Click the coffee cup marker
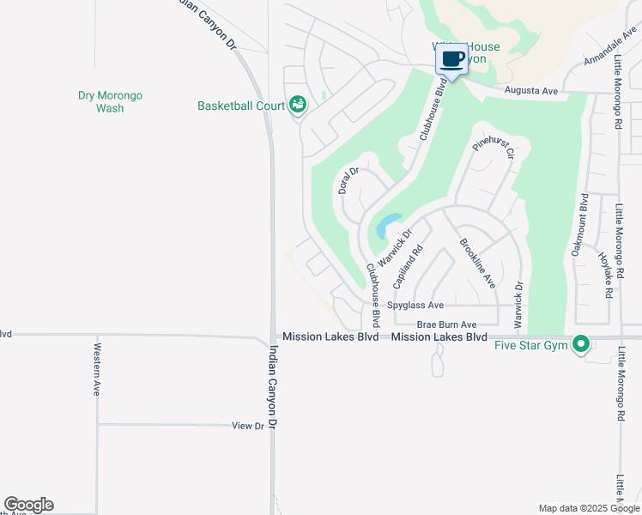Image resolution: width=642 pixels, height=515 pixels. click(x=451, y=60)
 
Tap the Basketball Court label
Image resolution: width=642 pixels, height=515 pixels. click(x=241, y=106)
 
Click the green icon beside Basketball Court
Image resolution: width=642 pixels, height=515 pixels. click(x=297, y=105)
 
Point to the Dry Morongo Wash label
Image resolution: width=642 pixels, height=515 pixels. click(x=110, y=102)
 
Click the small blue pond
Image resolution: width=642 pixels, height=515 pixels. click(x=385, y=227)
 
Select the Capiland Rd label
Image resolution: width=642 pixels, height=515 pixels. click(x=409, y=267)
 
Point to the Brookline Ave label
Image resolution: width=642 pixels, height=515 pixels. click(x=477, y=263)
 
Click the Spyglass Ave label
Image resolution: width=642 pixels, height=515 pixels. click(x=415, y=305)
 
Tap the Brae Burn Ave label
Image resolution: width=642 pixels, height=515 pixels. click(x=446, y=325)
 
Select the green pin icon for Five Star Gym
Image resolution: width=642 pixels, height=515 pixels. click(x=581, y=345)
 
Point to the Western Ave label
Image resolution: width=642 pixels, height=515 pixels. click(x=97, y=369)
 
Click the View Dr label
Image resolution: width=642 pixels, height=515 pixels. click(x=249, y=426)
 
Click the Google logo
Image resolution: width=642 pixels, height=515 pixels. click(x=28, y=505)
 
